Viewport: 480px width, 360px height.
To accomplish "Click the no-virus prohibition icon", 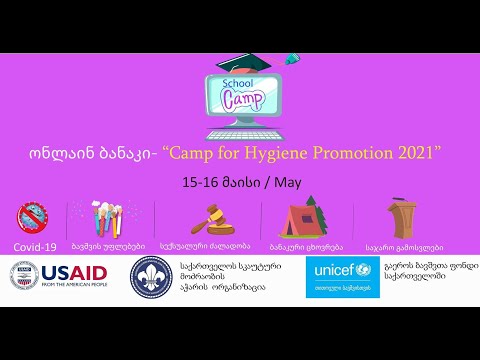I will pos(33,217).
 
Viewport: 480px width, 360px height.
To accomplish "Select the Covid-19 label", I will pos(33,246).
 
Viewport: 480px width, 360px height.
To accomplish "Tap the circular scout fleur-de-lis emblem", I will pos(151,276).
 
